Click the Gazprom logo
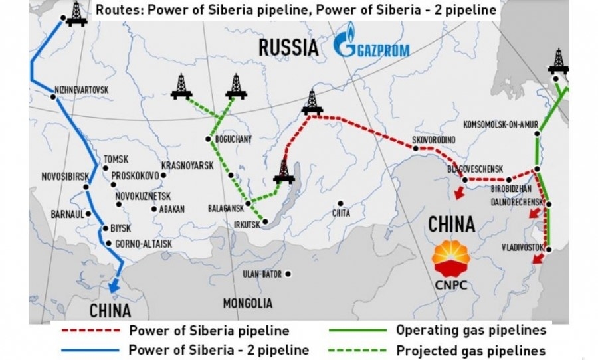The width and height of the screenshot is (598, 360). [371, 47]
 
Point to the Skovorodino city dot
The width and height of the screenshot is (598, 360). [416, 149]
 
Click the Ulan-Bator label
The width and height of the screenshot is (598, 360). [262, 274]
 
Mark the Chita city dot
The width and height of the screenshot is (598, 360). [340, 203]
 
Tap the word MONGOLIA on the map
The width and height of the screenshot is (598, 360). [247, 304]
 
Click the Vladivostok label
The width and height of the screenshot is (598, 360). [523, 248]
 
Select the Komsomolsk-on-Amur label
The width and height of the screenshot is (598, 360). [500, 124]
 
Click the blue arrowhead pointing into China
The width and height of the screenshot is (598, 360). [114, 286]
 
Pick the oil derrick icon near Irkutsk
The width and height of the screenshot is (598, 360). [284, 172]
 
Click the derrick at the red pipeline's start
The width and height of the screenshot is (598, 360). [310, 102]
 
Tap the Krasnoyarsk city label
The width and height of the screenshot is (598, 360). [187, 165]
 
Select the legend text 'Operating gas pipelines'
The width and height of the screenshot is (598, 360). [471, 330]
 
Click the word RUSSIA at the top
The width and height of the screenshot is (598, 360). [288, 48]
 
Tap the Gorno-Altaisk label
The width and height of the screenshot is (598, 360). [144, 244]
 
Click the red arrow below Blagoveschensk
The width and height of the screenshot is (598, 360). [456, 193]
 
